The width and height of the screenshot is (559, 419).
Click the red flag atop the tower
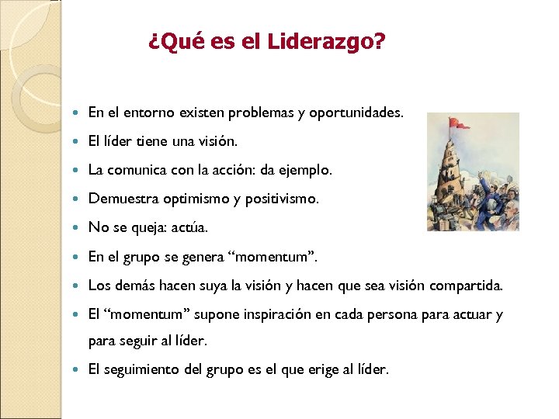(x=460, y=123)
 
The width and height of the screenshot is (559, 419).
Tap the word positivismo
(x=279, y=199)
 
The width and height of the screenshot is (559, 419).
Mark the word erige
(x=311, y=369)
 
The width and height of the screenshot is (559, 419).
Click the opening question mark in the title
(x=153, y=42)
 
